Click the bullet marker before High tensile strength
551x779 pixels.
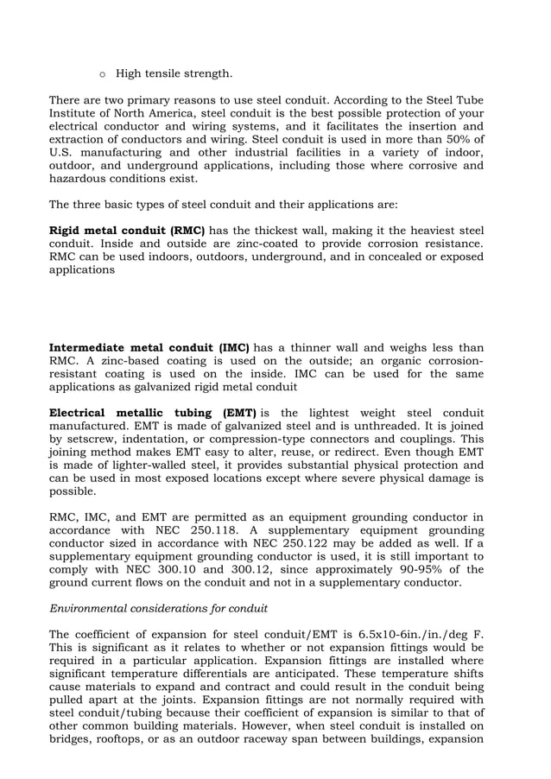pyautogui.click(x=103, y=74)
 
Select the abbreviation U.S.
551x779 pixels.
pyautogui.click(x=62, y=152)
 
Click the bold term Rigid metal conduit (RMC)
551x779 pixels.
pyautogui.click(x=127, y=231)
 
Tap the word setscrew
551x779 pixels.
pyautogui.click(x=97, y=440)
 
